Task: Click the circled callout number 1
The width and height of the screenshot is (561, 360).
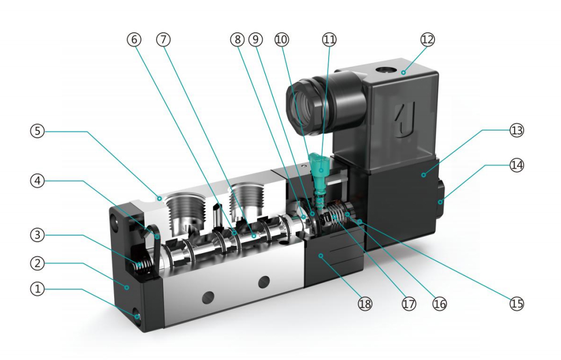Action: tap(38, 288)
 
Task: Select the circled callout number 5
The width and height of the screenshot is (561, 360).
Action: tap(38, 131)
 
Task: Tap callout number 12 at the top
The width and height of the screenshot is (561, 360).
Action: tap(428, 39)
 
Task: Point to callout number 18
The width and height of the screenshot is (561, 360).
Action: tap(365, 304)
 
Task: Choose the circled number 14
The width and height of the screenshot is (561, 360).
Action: tap(517, 165)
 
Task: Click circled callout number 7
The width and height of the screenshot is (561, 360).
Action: tap(164, 39)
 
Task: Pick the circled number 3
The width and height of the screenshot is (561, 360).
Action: tap(38, 235)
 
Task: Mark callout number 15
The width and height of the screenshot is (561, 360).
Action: tap(517, 304)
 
